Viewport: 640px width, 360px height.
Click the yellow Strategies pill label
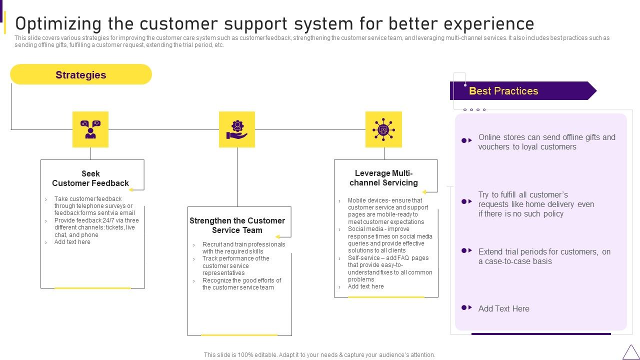pyautogui.click(x=81, y=75)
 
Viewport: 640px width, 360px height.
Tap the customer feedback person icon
pyautogui.click(x=90, y=129)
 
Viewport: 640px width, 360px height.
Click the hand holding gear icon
pyautogui.click(x=237, y=129)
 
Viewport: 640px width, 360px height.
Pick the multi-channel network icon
pyautogui.click(x=383, y=129)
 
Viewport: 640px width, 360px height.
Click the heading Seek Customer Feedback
pyautogui.click(x=90, y=178)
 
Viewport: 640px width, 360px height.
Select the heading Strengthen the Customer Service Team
pyautogui.click(x=237, y=225)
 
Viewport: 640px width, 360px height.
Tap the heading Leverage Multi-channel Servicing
pyautogui.click(x=383, y=178)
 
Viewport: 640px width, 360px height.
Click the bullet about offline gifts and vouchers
pyautogui.click(x=546, y=142)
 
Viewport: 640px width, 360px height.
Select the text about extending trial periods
pyautogui.click(x=544, y=256)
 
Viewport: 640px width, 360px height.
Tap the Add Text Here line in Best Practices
pyautogui.click(x=503, y=309)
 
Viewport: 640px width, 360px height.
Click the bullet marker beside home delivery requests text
pyautogui.click(x=466, y=201)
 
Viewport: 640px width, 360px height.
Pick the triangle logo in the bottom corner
pyautogui.click(x=630, y=352)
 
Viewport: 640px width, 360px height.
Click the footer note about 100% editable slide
pyautogui.click(x=319, y=355)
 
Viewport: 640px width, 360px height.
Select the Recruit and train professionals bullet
pyautogui.click(x=243, y=248)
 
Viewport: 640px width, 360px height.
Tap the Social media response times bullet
pyautogui.click(x=390, y=240)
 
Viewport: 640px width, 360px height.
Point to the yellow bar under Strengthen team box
pyautogui.click(x=239, y=335)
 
